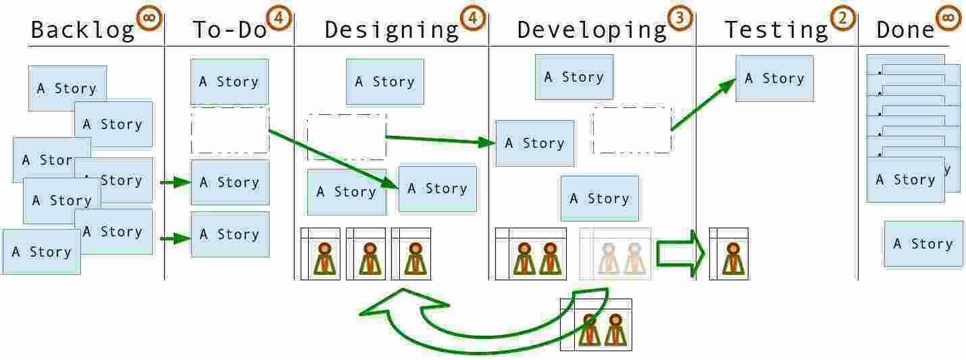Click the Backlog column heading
[x=82, y=30]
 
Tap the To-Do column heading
[x=230, y=30]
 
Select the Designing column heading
[x=391, y=30]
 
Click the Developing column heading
[x=592, y=30]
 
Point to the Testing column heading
[x=776, y=30]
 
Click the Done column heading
[x=905, y=30]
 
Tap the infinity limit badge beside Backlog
[x=149, y=18]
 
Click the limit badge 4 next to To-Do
[x=277, y=18]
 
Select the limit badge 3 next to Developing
[x=681, y=18]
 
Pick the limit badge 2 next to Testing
[x=842, y=18]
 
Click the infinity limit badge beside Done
[x=948, y=18]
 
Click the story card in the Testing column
[x=774, y=78]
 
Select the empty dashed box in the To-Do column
[x=230, y=130]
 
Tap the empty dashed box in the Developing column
[x=632, y=130]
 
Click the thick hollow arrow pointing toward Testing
[x=680, y=253]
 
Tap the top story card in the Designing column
[x=385, y=82]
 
